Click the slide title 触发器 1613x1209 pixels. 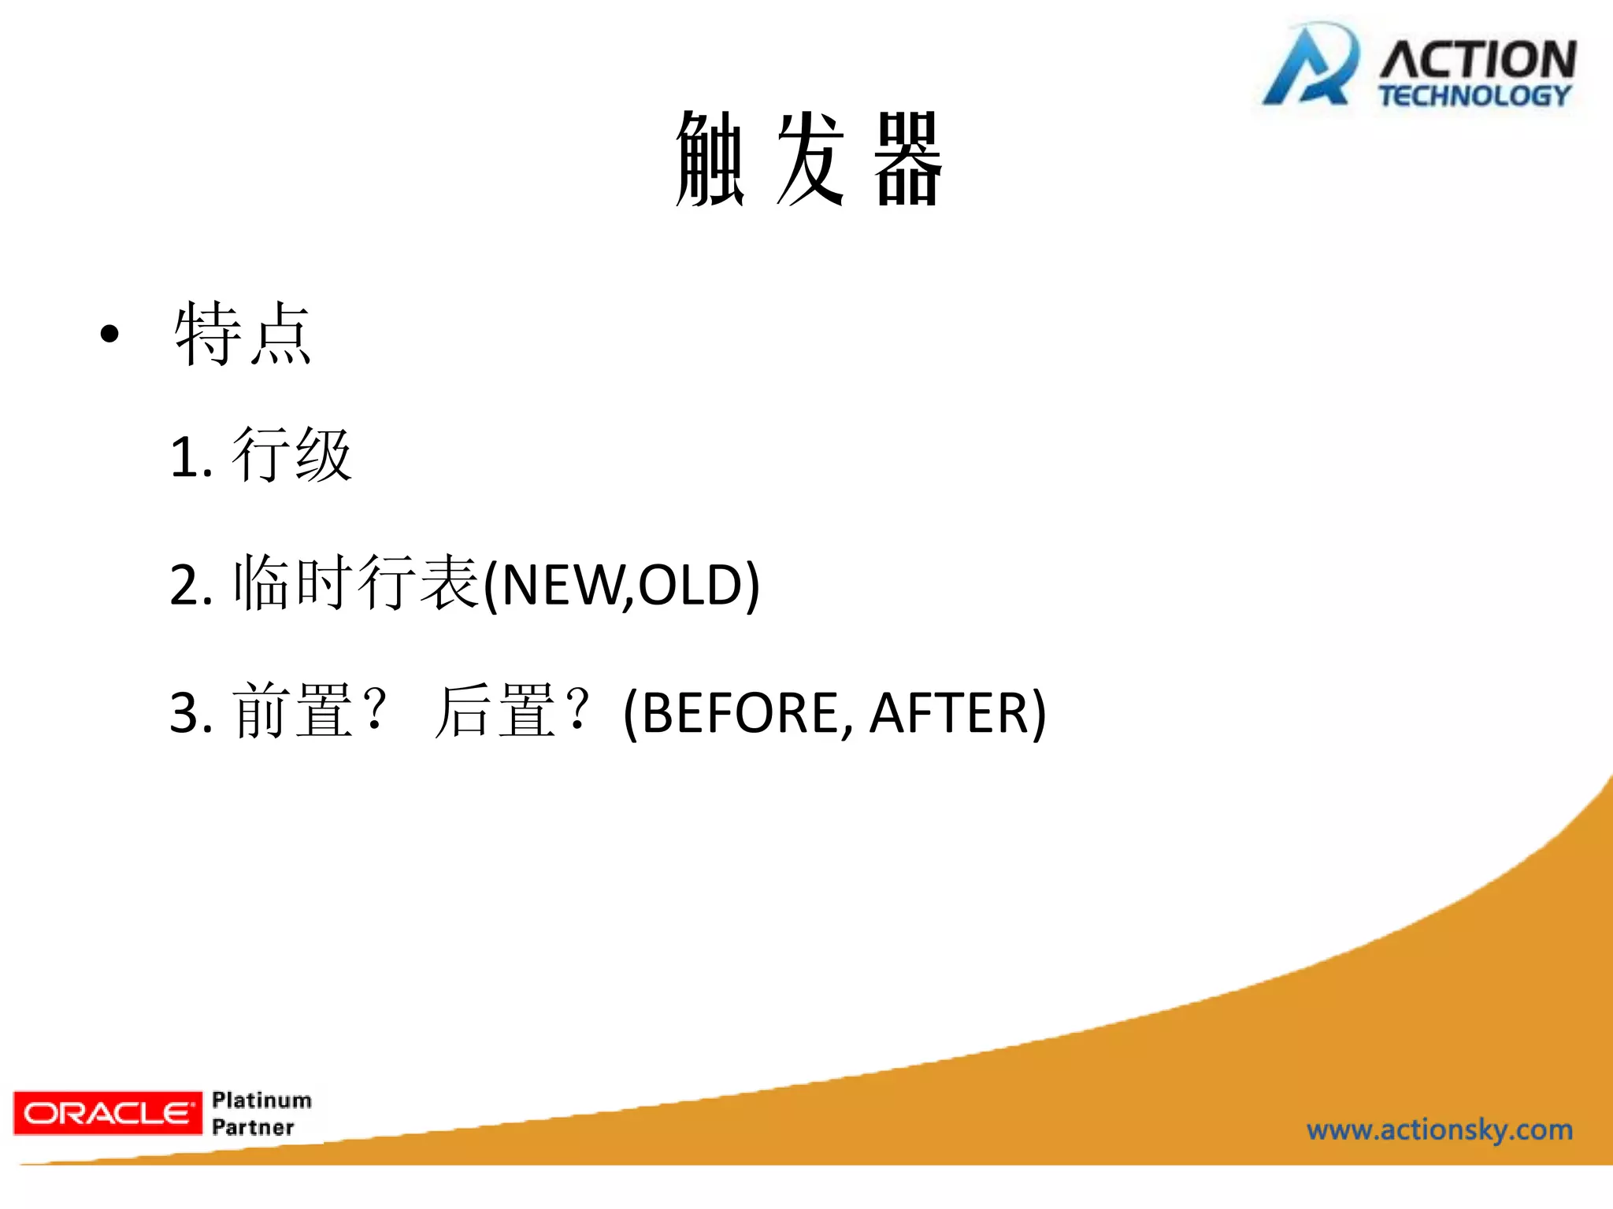point(809,159)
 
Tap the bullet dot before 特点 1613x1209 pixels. point(109,334)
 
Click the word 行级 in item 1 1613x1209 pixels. point(292,455)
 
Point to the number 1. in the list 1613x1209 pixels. point(191,457)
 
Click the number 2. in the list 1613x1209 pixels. point(191,586)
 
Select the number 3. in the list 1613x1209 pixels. point(191,713)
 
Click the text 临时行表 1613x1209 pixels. point(356,583)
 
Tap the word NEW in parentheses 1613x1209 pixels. point(560,586)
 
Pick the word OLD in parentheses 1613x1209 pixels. point(690,586)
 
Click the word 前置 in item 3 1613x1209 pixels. point(292,711)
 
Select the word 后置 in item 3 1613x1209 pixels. point(495,711)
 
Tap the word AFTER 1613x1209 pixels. point(949,713)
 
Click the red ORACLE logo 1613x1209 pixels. point(108,1113)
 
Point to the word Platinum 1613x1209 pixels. point(261,1100)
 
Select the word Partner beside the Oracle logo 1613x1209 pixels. point(253,1127)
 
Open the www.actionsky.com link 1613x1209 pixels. point(1439,1130)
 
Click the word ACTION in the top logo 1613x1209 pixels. point(1478,59)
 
